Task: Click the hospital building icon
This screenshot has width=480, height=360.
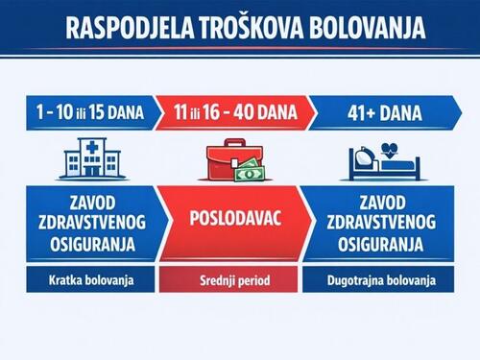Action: point(88,159)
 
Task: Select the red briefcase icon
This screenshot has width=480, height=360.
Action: point(230,161)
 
